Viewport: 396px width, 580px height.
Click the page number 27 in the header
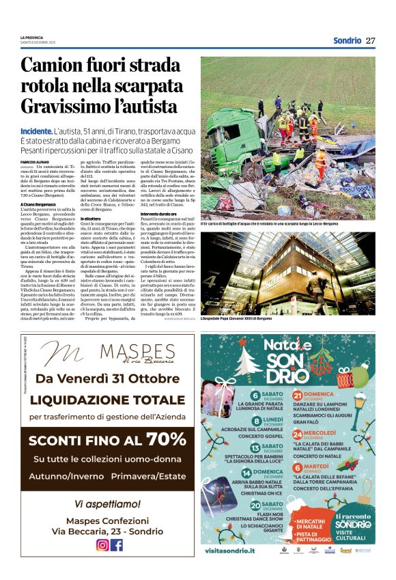point(371,40)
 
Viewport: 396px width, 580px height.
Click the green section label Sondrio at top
point(347,40)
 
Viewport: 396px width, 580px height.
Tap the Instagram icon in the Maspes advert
point(102,544)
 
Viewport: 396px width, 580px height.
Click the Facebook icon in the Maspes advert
point(117,544)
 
